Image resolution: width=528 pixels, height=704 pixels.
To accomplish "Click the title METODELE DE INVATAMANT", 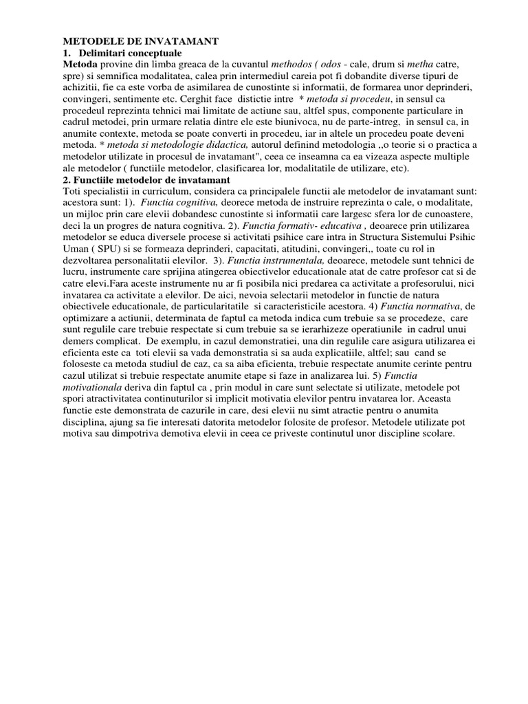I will [x=140, y=42].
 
